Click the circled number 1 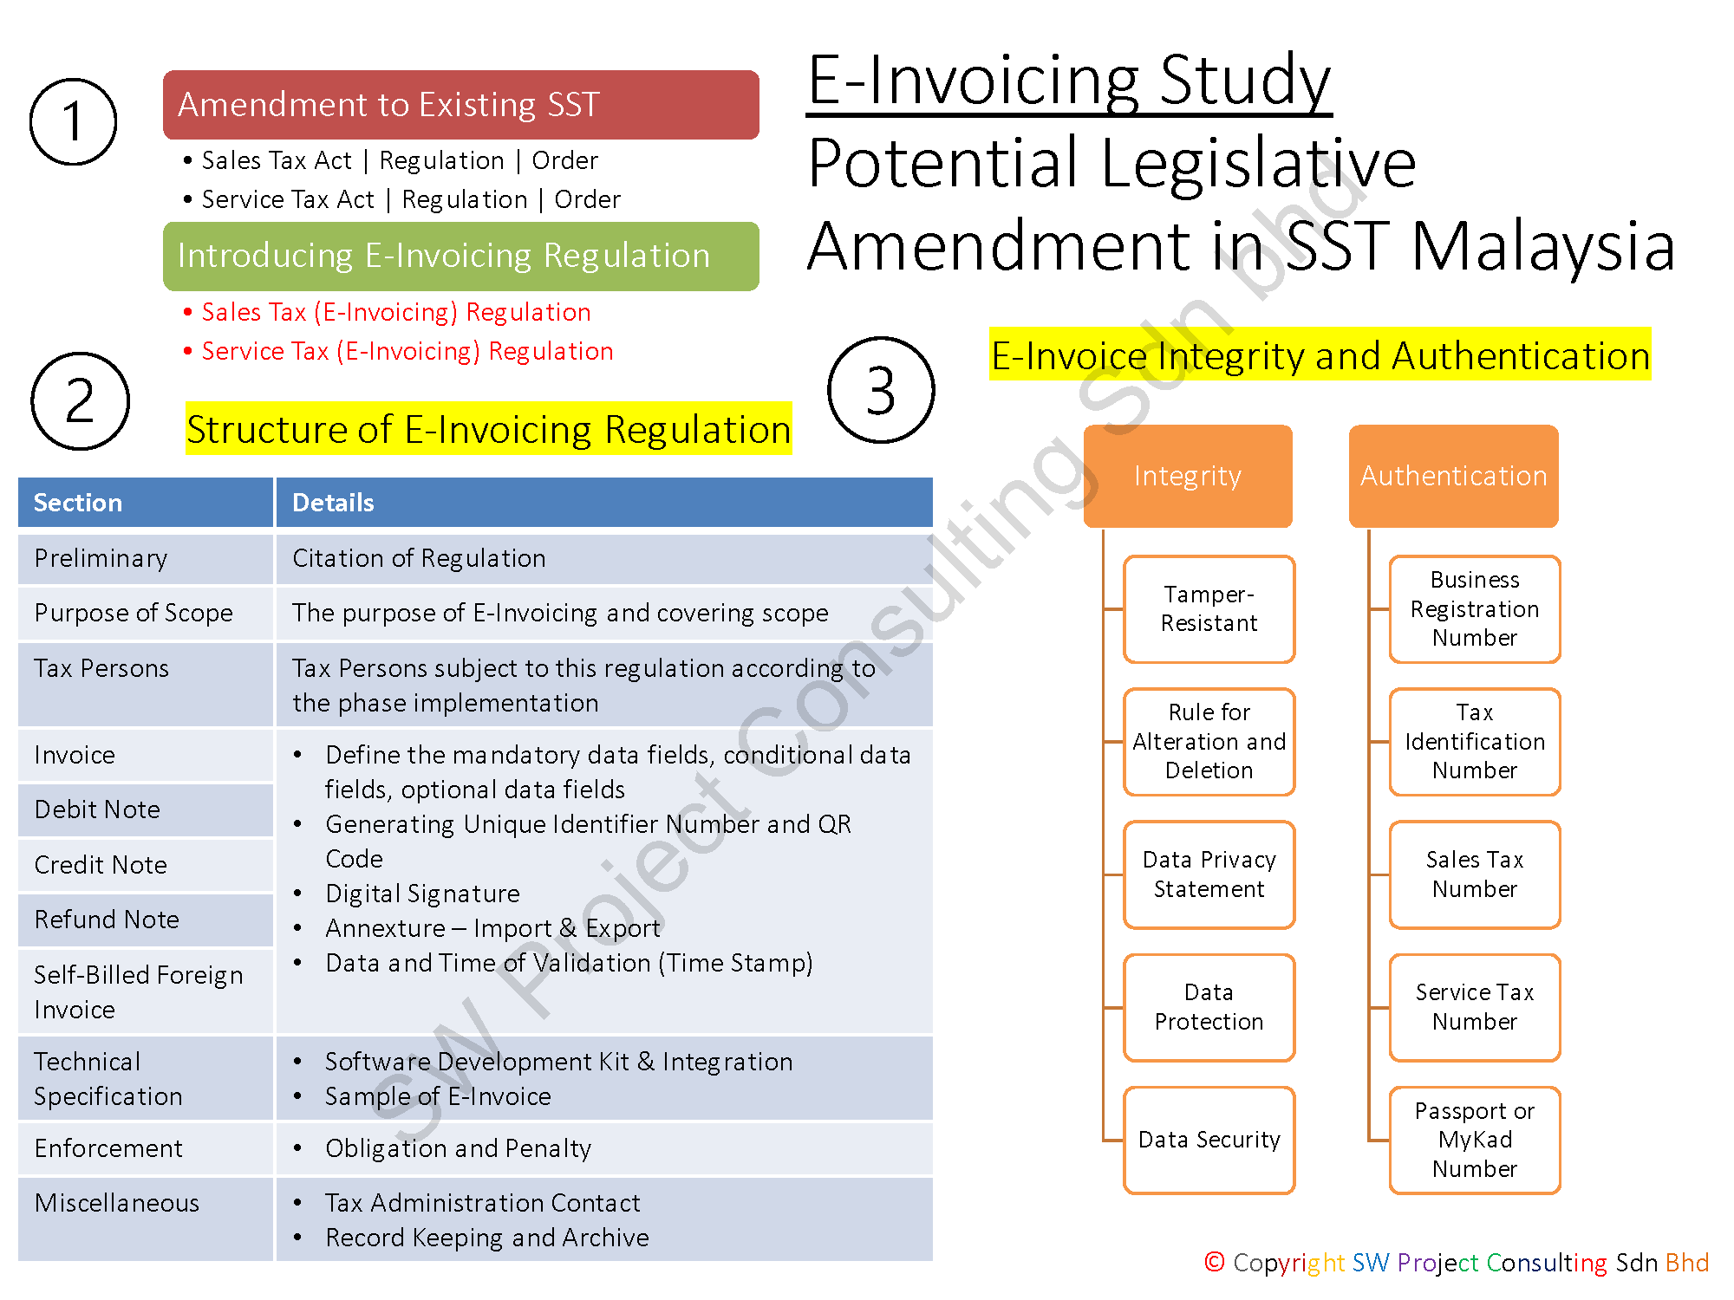pyautogui.click(x=73, y=121)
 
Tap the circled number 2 pyautogui.click(x=80, y=400)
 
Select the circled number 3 pyautogui.click(x=881, y=390)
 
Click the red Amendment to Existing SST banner pyautogui.click(x=460, y=105)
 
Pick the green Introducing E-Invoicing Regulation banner pyautogui.click(x=460, y=256)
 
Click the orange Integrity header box pyautogui.click(x=1188, y=476)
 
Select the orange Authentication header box pyautogui.click(x=1453, y=476)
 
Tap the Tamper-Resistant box pyautogui.click(x=1209, y=608)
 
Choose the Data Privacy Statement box pyautogui.click(x=1209, y=874)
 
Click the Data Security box pyautogui.click(x=1209, y=1140)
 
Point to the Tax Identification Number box pyautogui.click(x=1474, y=742)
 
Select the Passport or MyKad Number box pyautogui.click(x=1474, y=1140)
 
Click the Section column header pyautogui.click(x=78, y=503)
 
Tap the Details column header pyautogui.click(x=334, y=503)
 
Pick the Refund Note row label pyautogui.click(x=107, y=920)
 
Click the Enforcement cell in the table pyautogui.click(x=108, y=1148)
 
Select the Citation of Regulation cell pyautogui.click(x=419, y=558)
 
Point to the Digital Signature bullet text pyautogui.click(x=422, y=894)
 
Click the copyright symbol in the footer pyautogui.click(x=1215, y=1262)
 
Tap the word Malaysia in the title pyautogui.click(x=1543, y=247)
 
